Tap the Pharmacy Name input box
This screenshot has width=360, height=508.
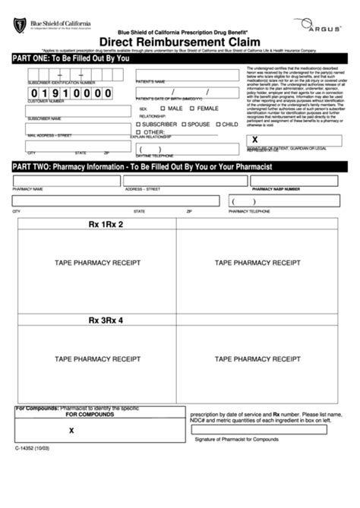[x=65, y=180]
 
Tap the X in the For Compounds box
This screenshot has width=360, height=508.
[x=71, y=430]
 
